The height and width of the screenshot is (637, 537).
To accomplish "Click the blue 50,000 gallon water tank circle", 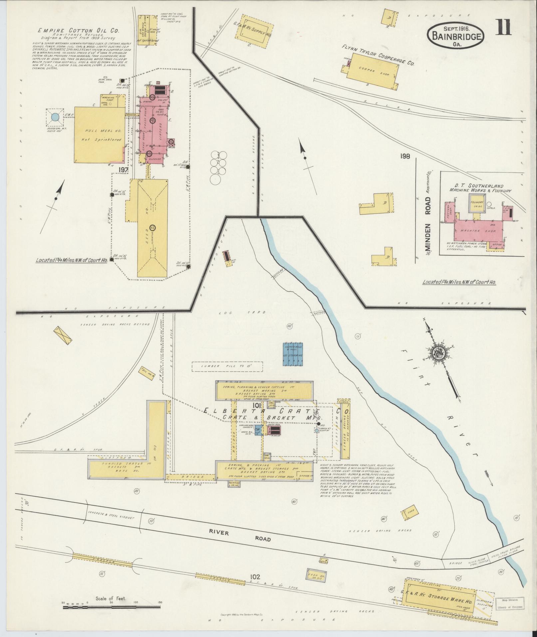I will point(55,117).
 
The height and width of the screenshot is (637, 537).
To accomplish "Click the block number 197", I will point(123,170).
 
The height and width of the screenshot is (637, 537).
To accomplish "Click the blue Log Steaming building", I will point(293,354).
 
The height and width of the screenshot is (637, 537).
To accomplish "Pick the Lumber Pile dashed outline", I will point(227,367).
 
